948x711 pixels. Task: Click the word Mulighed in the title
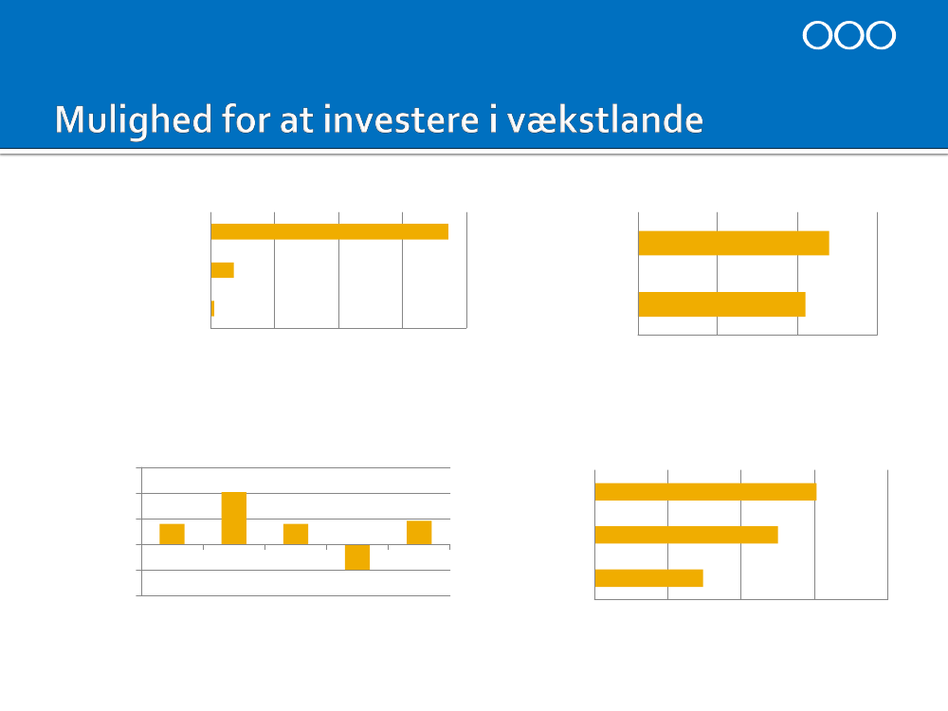[134, 120]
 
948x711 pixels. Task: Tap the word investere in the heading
[401, 119]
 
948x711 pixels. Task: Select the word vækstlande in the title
[605, 119]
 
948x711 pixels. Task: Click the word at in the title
[296, 120]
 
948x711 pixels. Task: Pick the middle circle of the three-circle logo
[848, 35]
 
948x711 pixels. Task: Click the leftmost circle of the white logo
[817, 35]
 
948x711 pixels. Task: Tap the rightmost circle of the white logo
[881, 35]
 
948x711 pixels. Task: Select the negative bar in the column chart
[357, 557]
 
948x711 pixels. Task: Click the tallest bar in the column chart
[234, 519]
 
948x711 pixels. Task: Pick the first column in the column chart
[172, 535]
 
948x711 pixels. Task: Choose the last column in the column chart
[419, 533]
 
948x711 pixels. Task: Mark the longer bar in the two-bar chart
[734, 243]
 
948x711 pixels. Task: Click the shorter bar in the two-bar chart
[721, 304]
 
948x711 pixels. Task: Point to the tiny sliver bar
[212, 308]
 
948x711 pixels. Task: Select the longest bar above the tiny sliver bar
[330, 231]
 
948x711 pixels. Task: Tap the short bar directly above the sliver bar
[223, 270]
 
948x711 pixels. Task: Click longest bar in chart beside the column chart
[705, 492]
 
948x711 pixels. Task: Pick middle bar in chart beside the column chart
[686, 535]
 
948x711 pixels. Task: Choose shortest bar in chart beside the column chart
[648, 578]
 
